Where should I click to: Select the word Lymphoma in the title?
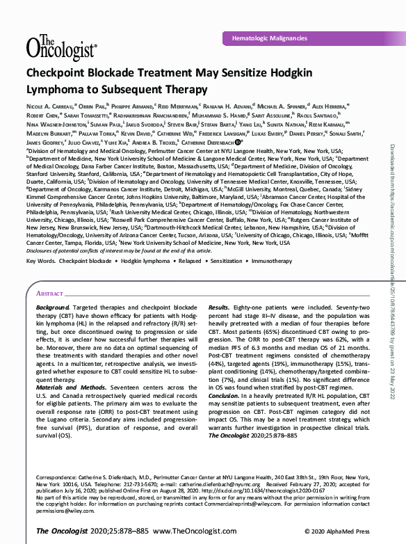(58, 89)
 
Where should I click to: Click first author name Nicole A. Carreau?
(49, 106)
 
